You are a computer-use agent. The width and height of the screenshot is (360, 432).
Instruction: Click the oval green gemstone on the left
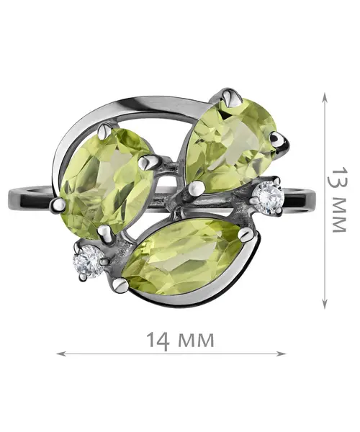pos(106,183)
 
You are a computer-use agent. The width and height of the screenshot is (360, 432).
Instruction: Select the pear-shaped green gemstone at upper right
pos(230,145)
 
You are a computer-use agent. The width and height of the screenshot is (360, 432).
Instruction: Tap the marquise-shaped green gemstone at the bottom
pos(183,258)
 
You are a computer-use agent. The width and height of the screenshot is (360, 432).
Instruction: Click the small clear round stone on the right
pos(269,197)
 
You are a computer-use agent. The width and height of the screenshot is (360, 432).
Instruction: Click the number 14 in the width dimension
pos(158,340)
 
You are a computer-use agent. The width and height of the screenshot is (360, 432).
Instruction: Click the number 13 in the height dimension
pos(338,178)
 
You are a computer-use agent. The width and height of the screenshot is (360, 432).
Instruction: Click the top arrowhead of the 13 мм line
pos(325,98)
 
